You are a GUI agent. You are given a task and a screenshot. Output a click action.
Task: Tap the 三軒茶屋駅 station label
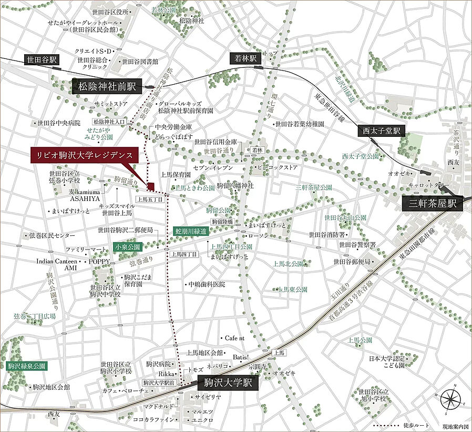(x=432, y=203)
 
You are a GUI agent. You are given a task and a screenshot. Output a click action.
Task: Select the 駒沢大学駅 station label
(x=228, y=383)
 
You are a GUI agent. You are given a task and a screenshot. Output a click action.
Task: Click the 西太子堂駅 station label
(x=382, y=130)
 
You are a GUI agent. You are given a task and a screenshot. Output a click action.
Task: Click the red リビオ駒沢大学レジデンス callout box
(x=84, y=155)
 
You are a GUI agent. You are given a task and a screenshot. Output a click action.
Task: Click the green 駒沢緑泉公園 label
(x=27, y=366)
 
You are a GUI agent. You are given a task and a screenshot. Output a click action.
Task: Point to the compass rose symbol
(x=450, y=399)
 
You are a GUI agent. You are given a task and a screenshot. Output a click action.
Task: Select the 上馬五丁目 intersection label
(x=151, y=199)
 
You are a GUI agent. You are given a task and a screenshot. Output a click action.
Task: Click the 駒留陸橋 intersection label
(x=222, y=222)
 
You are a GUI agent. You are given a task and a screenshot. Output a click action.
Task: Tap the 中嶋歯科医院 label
(x=207, y=284)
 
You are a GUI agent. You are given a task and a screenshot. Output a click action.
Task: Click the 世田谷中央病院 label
(x=58, y=123)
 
